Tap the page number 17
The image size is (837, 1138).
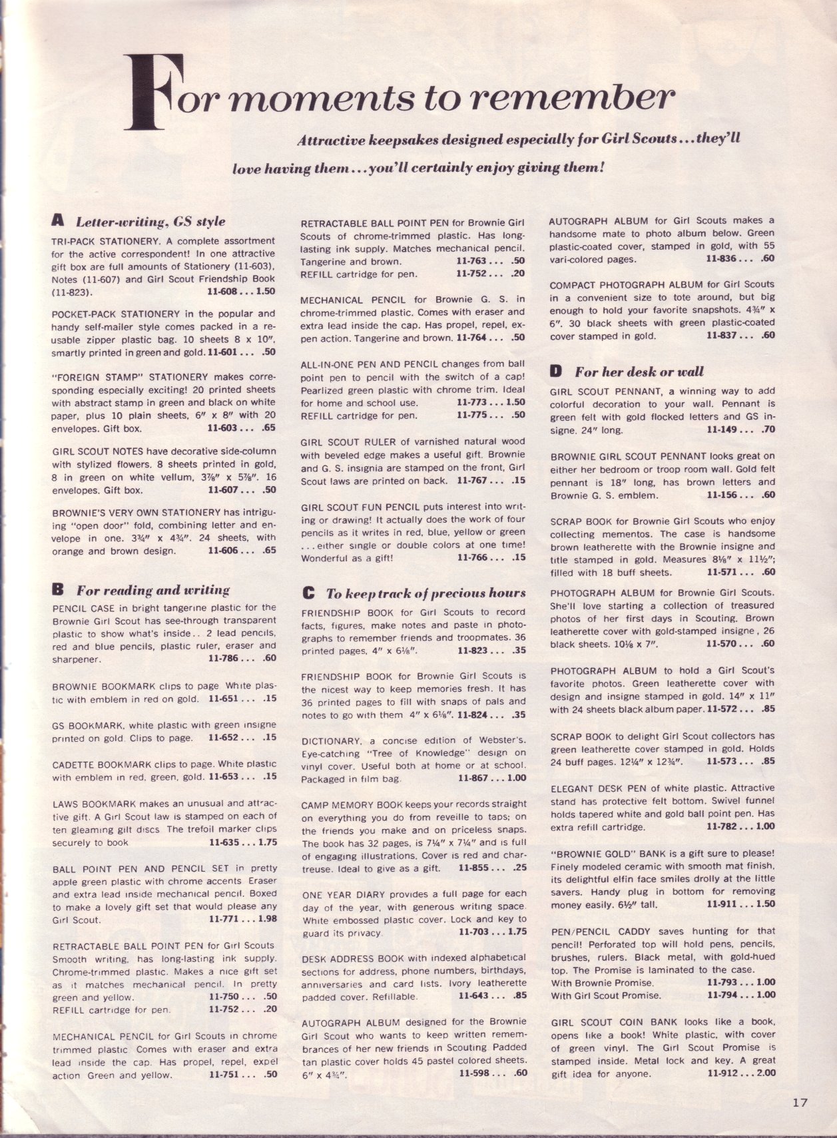click(800, 1103)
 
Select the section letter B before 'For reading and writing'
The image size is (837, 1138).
click(58, 589)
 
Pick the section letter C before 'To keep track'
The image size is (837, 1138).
click(308, 593)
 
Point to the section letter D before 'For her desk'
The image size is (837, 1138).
click(556, 372)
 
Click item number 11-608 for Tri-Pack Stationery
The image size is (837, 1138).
click(226, 292)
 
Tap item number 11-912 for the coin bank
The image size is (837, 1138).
click(724, 1073)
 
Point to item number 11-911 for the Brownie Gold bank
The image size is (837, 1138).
click(724, 904)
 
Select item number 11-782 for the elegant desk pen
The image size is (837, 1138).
click(724, 827)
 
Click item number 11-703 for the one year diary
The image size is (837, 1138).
click(477, 932)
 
